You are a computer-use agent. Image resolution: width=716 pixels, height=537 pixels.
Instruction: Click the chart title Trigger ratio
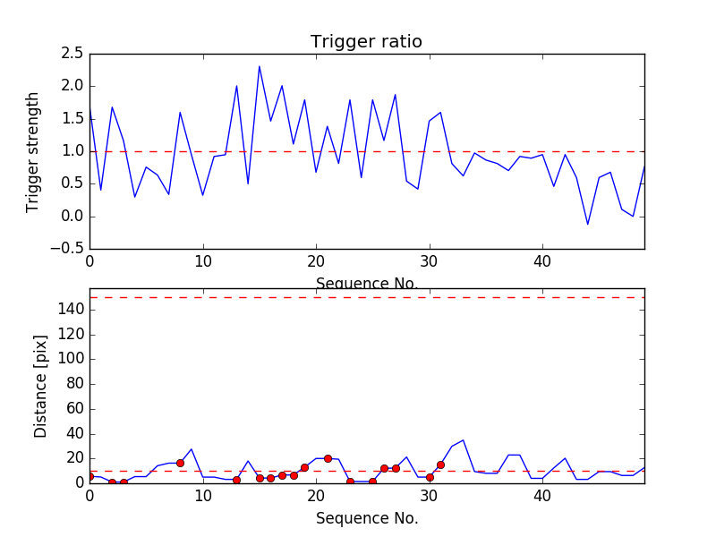366,42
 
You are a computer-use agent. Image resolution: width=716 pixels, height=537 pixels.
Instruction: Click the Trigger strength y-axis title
33,151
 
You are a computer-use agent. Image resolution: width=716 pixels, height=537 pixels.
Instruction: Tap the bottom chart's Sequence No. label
366,518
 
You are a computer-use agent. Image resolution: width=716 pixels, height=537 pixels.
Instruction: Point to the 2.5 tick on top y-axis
72,54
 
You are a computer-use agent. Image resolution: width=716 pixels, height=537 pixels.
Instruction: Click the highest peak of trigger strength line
260,66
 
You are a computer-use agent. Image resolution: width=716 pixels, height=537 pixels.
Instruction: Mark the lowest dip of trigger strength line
588,224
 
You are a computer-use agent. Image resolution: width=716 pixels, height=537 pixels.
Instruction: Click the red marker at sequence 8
180,463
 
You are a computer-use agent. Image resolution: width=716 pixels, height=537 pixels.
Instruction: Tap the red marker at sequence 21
328,458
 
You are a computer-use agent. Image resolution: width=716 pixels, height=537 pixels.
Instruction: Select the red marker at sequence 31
440,465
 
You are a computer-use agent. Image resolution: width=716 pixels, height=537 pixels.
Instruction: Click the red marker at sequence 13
236,480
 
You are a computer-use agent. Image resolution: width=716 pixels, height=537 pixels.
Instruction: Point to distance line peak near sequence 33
463,440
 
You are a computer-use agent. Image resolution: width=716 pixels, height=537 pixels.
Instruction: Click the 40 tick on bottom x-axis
542,496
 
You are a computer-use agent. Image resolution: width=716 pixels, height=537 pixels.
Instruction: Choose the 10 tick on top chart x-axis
203,261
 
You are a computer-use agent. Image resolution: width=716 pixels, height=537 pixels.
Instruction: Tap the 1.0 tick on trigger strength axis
72,151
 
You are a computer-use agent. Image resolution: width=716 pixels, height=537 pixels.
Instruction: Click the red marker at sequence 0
89,476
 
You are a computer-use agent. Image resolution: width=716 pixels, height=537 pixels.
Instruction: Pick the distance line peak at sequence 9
192,449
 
